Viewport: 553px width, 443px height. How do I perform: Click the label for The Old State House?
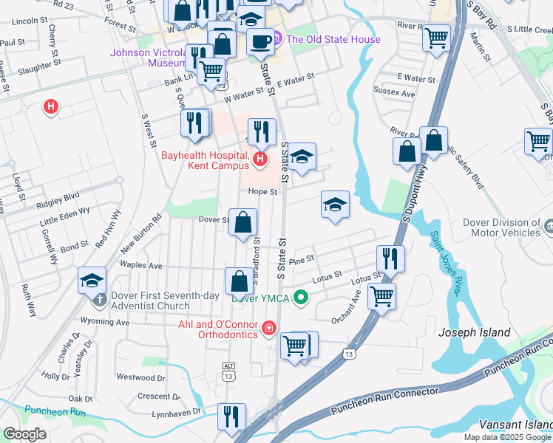coord(333,39)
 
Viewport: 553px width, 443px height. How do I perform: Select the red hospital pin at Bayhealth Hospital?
coord(259,159)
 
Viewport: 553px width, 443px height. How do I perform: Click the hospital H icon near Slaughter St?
coord(50,107)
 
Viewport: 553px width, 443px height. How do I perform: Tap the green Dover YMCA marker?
coord(300,298)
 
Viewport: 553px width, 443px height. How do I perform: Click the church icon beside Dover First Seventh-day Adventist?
coord(100,299)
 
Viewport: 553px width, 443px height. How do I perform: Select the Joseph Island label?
coord(474,332)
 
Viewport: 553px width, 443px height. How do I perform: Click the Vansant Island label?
coord(515,425)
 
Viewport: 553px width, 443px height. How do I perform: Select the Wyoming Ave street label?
coord(106,323)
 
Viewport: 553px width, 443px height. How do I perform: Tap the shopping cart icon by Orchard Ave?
coord(381,296)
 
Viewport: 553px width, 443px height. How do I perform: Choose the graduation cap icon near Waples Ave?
coord(92,280)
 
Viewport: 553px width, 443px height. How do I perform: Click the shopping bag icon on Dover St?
coord(242,221)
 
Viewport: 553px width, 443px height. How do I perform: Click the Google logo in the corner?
coord(25,433)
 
